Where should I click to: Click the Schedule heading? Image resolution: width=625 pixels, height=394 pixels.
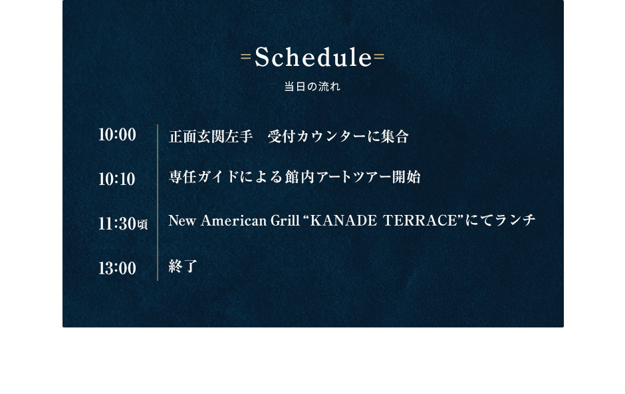(313, 57)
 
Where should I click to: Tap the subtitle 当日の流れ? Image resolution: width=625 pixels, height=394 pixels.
(312, 87)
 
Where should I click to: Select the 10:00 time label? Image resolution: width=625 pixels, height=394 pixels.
(117, 134)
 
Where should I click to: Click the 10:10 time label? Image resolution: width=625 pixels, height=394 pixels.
(117, 179)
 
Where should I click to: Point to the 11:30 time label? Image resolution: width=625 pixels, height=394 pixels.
(117, 224)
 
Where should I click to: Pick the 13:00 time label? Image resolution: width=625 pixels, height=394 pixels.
(117, 268)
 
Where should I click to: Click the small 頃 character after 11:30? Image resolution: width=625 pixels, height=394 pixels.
(143, 225)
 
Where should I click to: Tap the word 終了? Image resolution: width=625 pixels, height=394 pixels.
(183, 266)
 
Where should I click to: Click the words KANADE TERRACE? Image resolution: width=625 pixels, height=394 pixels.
(384, 220)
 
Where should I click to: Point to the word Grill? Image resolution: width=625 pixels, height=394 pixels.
(285, 220)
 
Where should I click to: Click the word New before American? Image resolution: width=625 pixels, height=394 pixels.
(182, 220)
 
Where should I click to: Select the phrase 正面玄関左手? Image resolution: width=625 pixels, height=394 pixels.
(211, 136)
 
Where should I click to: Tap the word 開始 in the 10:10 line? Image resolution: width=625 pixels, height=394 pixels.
(406, 176)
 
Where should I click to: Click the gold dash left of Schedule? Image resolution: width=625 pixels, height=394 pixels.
(246, 57)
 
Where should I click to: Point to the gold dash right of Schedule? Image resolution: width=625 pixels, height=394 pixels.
(379, 57)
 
